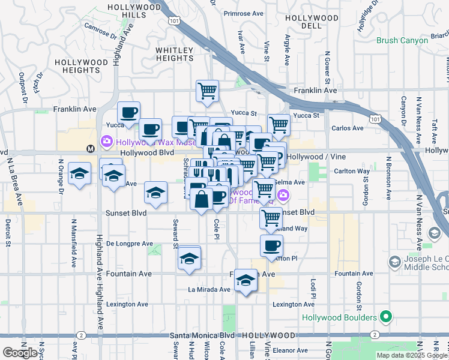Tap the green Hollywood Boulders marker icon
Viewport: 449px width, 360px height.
385,317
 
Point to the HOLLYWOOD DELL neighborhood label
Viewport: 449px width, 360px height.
303,23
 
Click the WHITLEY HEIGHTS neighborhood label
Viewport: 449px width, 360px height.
175,54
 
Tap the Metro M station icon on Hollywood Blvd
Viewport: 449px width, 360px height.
91,148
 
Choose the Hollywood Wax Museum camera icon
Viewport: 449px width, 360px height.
106,142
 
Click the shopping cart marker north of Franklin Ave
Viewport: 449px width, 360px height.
207,91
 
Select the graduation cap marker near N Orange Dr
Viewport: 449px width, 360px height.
79,174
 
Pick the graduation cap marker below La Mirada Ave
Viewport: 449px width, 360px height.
245,281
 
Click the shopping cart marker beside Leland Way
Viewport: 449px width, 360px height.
271,218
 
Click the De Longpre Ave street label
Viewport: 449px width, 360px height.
130,244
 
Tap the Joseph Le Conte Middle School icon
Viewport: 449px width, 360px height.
394,262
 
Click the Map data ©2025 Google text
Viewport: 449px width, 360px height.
411,355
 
